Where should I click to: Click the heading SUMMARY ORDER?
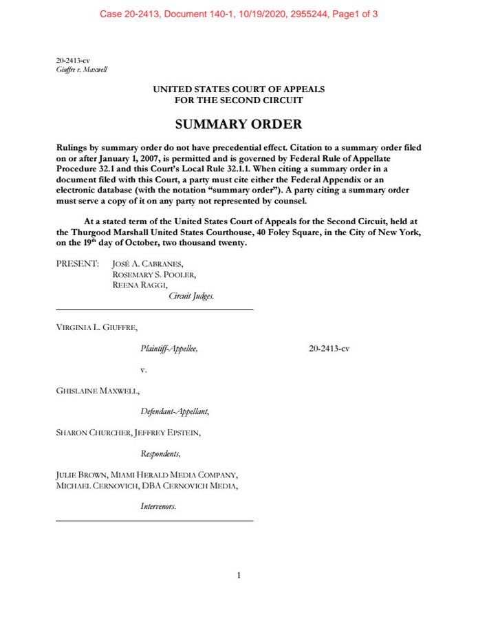[x=239, y=124]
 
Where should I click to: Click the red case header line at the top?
[x=239, y=14]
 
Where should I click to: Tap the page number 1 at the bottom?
[x=239, y=576]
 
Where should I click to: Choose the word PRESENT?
[x=77, y=263]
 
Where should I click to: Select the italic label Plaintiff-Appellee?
[x=169, y=349]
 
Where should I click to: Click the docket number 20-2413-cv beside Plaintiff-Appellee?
[x=329, y=349]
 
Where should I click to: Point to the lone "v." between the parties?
[x=144, y=370]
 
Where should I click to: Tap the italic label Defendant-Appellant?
[x=175, y=411]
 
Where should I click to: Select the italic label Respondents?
[x=161, y=453]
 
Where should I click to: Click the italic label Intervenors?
[x=158, y=506]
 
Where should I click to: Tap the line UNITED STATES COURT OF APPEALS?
[x=239, y=89]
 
